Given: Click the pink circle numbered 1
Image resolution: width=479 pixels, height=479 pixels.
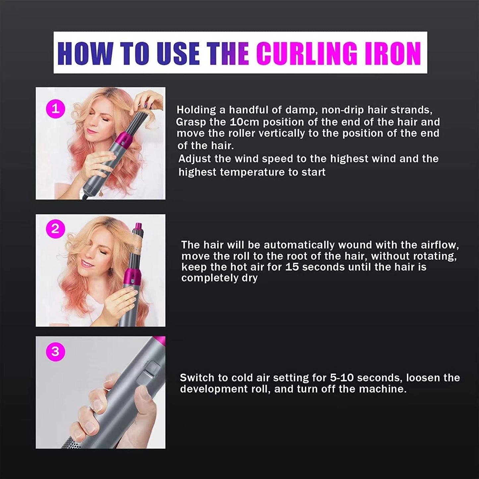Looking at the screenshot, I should [55, 109].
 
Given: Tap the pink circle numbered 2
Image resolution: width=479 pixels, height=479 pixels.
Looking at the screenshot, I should [55, 229].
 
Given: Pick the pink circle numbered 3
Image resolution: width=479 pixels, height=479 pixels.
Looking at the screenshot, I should [55, 351].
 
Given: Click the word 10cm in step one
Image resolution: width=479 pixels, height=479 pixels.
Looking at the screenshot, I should [244, 122].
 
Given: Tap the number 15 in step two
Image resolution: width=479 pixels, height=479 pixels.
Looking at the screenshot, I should [292, 267].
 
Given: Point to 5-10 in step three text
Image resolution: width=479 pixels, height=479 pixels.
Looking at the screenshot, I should [341, 378].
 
